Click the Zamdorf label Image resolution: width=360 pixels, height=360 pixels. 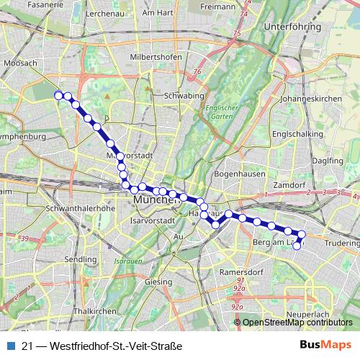pos(290,185)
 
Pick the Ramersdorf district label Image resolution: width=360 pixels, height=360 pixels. pos(241,273)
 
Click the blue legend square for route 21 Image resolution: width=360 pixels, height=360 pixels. pos(10,346)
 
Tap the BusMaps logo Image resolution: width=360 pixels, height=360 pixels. pos(325,346)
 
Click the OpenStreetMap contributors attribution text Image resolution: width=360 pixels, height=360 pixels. pos(297,322)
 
